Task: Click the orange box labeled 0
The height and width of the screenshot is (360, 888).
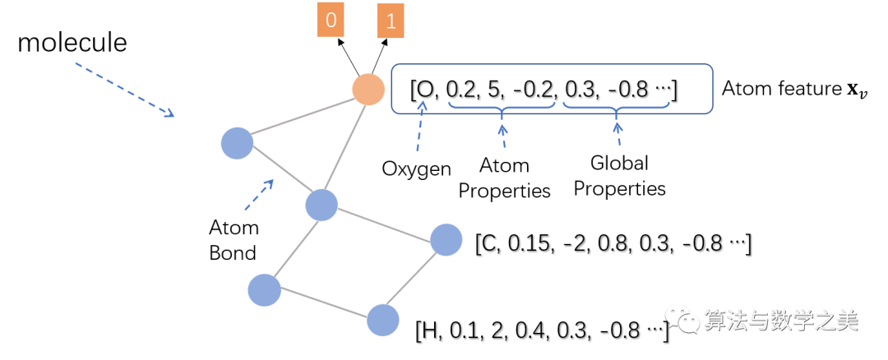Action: click(331, 21)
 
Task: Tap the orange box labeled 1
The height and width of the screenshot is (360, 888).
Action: click(391, 21)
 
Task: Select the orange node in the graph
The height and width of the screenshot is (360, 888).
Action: click(368, 89)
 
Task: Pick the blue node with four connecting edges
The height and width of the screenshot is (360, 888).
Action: click(321, 205)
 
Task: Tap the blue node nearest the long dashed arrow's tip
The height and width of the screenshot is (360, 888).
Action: click(237, 143)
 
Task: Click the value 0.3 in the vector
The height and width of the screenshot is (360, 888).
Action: click(581, 89)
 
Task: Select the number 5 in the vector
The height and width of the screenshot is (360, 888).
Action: click(494, 89)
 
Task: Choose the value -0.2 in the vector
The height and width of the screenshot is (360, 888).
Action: click(534, 89)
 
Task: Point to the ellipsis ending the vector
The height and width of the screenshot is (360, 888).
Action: click(662, 89)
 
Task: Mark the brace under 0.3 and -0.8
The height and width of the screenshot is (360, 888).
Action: click(617, 113)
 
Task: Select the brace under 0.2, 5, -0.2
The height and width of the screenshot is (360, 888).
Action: click(502, 113)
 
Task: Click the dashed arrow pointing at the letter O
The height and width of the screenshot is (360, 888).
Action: click(420, 127)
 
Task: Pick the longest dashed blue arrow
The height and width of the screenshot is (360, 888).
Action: click(124, 89)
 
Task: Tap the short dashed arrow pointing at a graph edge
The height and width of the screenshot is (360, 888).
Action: click(259, 195)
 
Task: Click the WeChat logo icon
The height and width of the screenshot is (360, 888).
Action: click(682, 318)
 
